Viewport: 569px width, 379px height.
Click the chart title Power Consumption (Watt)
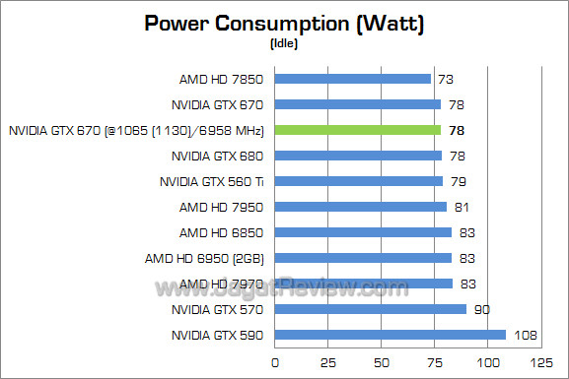284,24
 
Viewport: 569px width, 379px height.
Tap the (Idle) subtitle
284,43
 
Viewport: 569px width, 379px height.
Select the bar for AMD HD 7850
353,79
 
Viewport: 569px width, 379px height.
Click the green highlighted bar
358,130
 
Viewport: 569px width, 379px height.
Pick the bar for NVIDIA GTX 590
391,335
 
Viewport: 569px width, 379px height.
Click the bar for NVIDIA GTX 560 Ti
359,181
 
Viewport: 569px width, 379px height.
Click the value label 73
446,79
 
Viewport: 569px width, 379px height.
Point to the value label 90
481,309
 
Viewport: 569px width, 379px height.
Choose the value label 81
462,207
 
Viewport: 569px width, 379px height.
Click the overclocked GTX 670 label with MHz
137,130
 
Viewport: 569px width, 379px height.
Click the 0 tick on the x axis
275,362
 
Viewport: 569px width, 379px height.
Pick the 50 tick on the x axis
380,362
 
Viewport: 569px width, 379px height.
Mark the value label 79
459,181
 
